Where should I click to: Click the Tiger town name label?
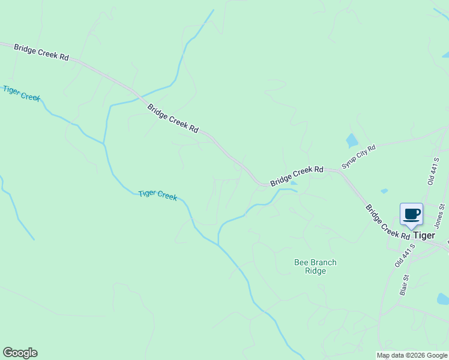pos(424,235)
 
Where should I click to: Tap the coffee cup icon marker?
pos(412,214)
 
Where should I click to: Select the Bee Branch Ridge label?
pos(315,266)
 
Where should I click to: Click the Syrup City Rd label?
pos(358,156)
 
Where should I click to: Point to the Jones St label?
pos(440,216)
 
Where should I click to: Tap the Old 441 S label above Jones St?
pos(433,171)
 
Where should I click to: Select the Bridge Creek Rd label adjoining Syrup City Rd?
pos(297,176)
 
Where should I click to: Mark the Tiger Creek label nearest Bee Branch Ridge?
pos(158,195)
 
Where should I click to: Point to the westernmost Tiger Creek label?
pos(21,93)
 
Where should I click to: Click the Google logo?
pos(20,353)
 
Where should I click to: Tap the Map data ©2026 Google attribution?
pos(412,355)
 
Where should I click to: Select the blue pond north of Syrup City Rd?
pos(352,141)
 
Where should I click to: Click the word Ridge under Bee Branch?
pos(315,271)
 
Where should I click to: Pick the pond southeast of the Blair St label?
pos(443,298)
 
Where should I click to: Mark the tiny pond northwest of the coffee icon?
pos(384,191)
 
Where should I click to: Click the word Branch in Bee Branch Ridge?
pos(323,262)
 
